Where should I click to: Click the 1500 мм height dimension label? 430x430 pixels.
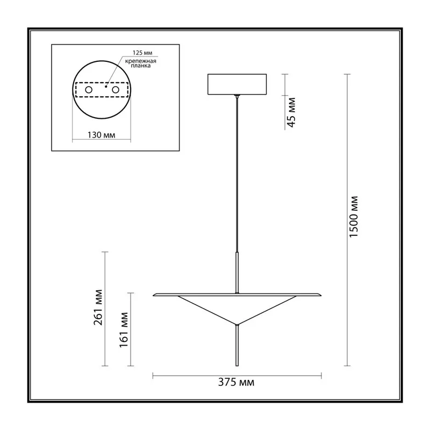tap(354, 217)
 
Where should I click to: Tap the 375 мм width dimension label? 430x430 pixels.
tap(236, 382)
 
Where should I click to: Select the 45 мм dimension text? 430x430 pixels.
tap(291, 112)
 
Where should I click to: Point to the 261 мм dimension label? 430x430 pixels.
tap(98, 307)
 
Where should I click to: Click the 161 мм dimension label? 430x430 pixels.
tap(124, 330)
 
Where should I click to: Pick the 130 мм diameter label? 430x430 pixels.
tap(102, 135)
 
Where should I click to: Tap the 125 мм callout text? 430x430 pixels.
tap(142, 53)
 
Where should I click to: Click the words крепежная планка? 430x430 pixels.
tap(141, 63)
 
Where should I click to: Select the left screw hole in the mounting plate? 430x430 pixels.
tap(89, 90)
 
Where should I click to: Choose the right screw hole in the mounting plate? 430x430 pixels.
tap(116, 90)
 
